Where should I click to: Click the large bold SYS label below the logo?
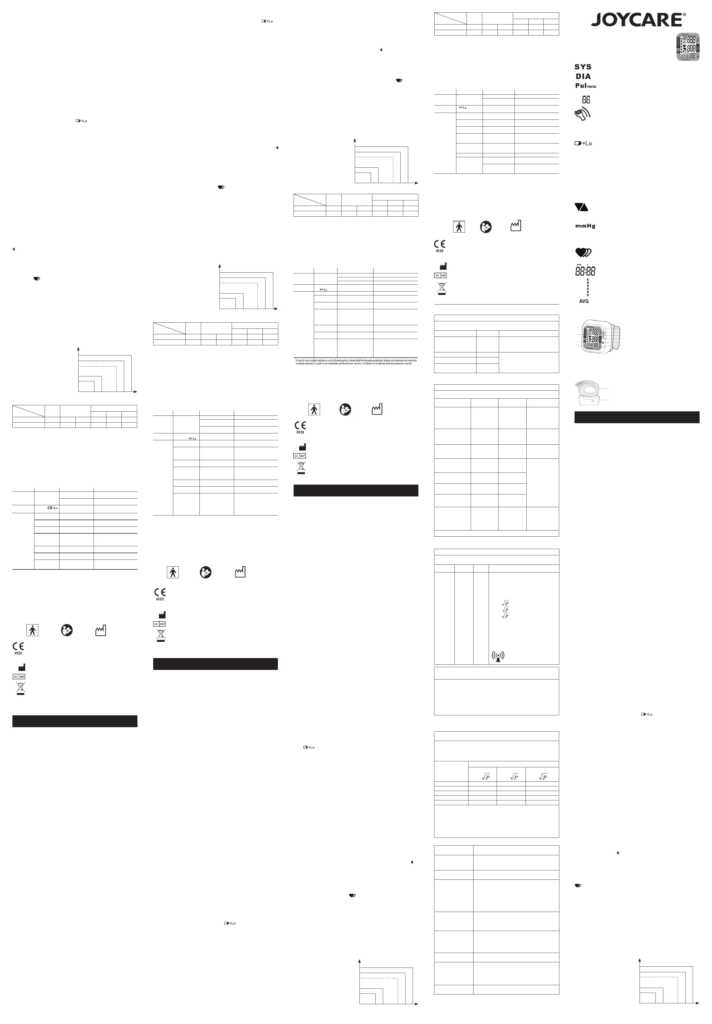click(583, 67)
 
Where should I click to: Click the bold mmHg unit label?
click(585, 226)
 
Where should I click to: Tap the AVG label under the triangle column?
click(584, 302)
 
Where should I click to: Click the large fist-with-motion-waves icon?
click(582, 114)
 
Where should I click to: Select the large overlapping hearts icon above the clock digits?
click(583, 252)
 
